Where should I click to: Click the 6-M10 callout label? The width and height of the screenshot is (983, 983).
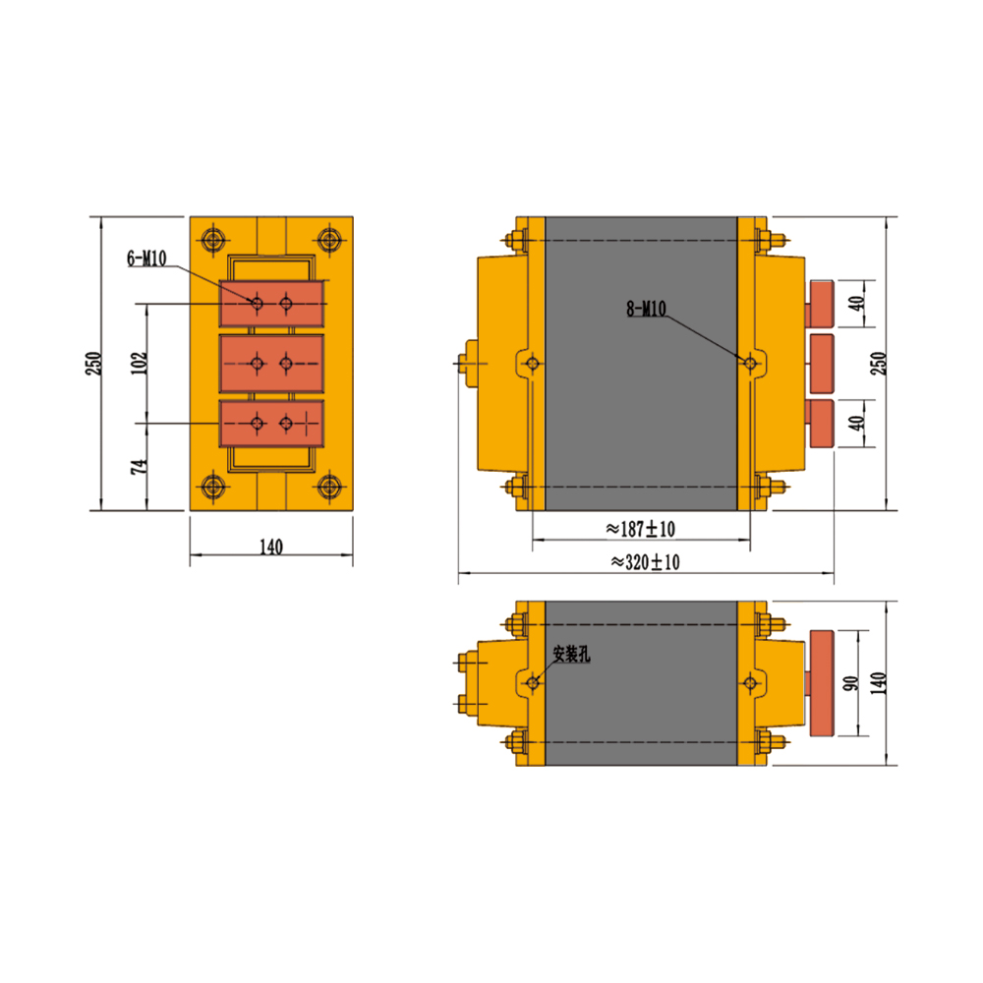146,258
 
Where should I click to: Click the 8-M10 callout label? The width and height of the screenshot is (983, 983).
647,309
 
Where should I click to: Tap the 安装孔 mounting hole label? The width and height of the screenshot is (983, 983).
571,655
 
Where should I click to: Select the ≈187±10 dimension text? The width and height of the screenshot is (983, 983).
640,529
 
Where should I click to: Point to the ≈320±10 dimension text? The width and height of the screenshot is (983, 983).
645,561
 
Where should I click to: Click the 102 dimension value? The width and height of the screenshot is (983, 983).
140,363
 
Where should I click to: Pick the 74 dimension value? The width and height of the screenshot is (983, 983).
140,466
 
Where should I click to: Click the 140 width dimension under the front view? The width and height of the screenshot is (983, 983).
271,547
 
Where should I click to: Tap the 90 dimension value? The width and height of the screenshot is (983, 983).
850,683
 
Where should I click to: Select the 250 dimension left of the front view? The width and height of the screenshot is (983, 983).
92,364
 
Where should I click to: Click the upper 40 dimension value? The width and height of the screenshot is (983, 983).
856,304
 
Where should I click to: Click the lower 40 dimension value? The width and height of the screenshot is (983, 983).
856,423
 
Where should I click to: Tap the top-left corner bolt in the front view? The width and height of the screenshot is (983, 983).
213,240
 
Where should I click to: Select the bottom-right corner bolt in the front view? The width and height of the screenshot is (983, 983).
329,487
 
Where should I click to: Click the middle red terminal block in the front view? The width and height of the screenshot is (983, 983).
271,364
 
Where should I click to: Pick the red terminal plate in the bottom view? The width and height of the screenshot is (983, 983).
822,683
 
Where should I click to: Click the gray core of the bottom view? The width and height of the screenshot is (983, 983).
641,683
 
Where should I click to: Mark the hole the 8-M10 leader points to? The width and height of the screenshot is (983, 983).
750,363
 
